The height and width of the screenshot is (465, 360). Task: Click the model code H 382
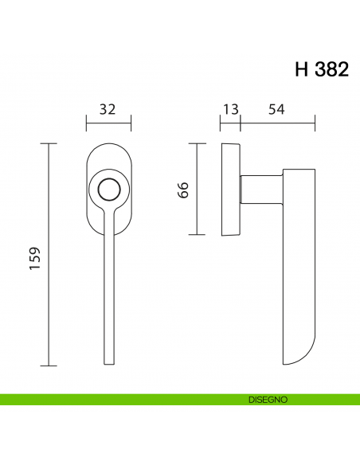(321, 69)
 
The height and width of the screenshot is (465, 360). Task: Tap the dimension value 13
(230, 108)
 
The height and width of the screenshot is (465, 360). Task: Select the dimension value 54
(276, 108)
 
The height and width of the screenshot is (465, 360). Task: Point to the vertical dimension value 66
(182, 190)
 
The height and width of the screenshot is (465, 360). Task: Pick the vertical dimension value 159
(35, 256)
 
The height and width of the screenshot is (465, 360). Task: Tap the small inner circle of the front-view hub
(108, 190)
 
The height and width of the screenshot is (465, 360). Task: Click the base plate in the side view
(231, 190)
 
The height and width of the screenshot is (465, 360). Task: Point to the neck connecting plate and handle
(260, 190)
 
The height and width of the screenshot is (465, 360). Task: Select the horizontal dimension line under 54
(279, 122)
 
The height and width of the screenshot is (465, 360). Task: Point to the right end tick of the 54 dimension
(316, 122)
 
